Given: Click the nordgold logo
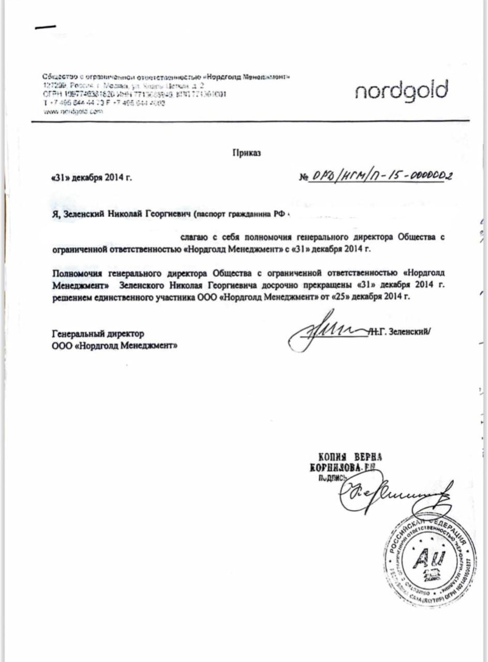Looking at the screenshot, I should pyautogui.click(x=401, y=92).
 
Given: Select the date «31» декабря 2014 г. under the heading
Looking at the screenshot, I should pyautogui.click(x=92, y=177).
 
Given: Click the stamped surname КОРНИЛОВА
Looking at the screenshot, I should pyautogui.click(x=338, y=468).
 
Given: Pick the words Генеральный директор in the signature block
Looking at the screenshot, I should pyautogui.click(x=98, y=334).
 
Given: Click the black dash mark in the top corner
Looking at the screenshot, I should pyautogui.click(x=46, y=27).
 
